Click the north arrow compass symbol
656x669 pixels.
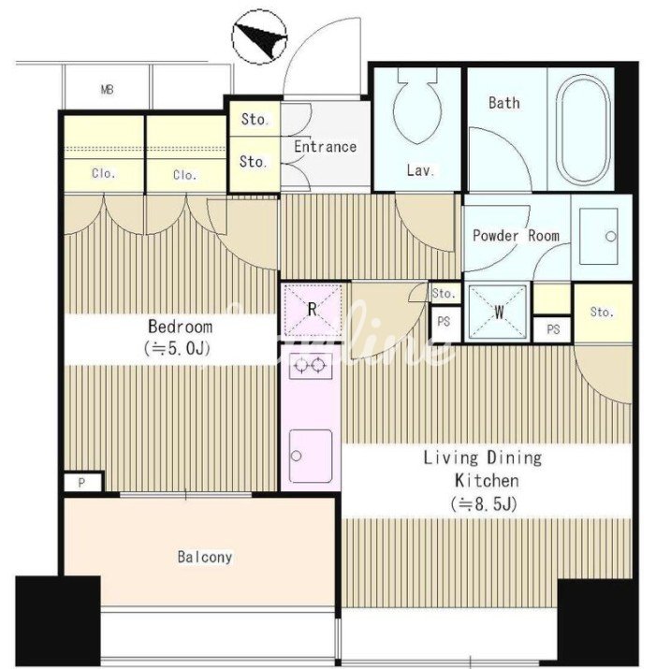(x=259, y=37)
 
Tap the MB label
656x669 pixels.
(x=108, y=90)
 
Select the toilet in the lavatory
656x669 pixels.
(x=417, y=105)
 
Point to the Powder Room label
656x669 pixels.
(x=516, y=236)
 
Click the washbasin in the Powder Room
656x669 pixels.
(x=598, y=236)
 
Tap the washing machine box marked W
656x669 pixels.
(x=498, y=312)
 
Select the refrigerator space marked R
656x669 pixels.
(x=313, y=309)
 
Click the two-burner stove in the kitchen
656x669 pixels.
(x=311, y=366)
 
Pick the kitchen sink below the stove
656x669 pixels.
(x=311, y=456)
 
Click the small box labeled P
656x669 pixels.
(x=83, y=483)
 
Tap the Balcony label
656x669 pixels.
(x=205, y=557)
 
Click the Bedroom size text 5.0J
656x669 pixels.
(x=178, y=349)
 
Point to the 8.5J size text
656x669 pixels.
(x=484, y=504)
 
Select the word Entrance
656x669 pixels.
(x=326, y=147)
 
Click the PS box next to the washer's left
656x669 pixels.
(x=445, y=321)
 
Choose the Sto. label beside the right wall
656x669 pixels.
(x=602, y=313)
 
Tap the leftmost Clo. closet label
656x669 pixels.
(x=104, y=173)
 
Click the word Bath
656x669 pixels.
(x=504, y=103)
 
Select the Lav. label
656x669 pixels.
(x=421, y=170)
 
